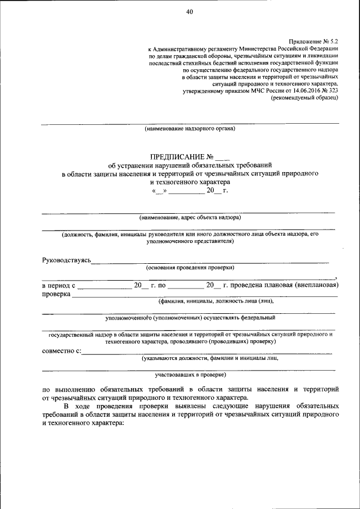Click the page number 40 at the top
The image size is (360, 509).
[x=189, y=12]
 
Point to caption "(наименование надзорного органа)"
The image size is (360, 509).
[x=190, y=129]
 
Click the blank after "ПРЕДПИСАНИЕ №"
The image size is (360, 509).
[x=223, y=157]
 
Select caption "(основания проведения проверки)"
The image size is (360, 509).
[x=190, y=267]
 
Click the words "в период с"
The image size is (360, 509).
[x=58, y=285]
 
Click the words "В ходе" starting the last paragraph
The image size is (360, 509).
[x=75, y=406]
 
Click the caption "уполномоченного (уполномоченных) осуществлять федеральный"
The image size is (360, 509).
[x=190, y=318]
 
